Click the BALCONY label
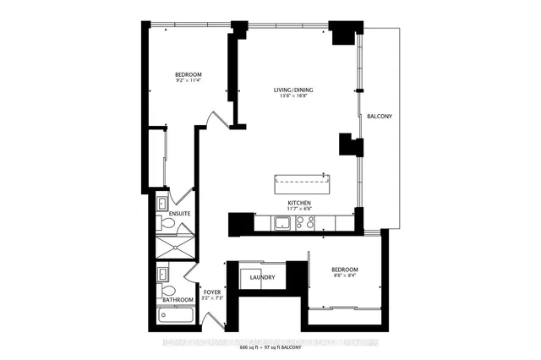pyautogui.click(x=380, y=116)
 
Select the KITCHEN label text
pyautogui.click(x=300, y=203)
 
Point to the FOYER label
pyautogui.click(x=210, y=292)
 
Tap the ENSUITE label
pyautogui.click(x=179, y=214)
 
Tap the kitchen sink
pyautogui.click(x=281, y=223)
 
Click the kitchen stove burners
pyautogui.click(x=304, y=223)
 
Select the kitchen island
pyautogui.click(x=302, y=183)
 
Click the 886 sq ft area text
pyautogui.click(x=254, y=348)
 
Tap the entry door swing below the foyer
pyautogui.click(x=213, y=321)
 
